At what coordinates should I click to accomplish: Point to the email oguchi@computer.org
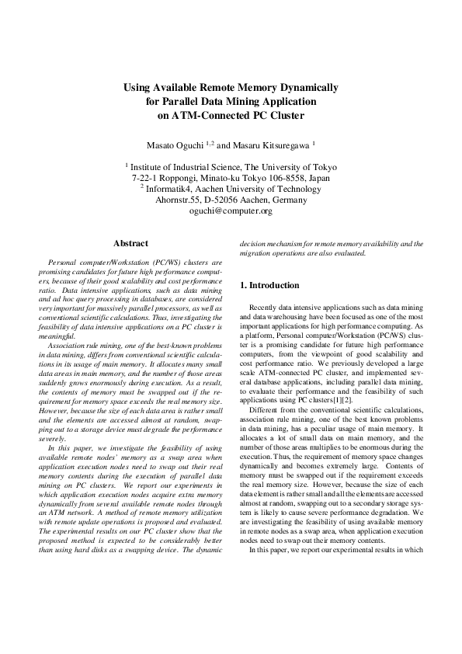(231, 210)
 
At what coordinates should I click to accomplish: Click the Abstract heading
(130, 244)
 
